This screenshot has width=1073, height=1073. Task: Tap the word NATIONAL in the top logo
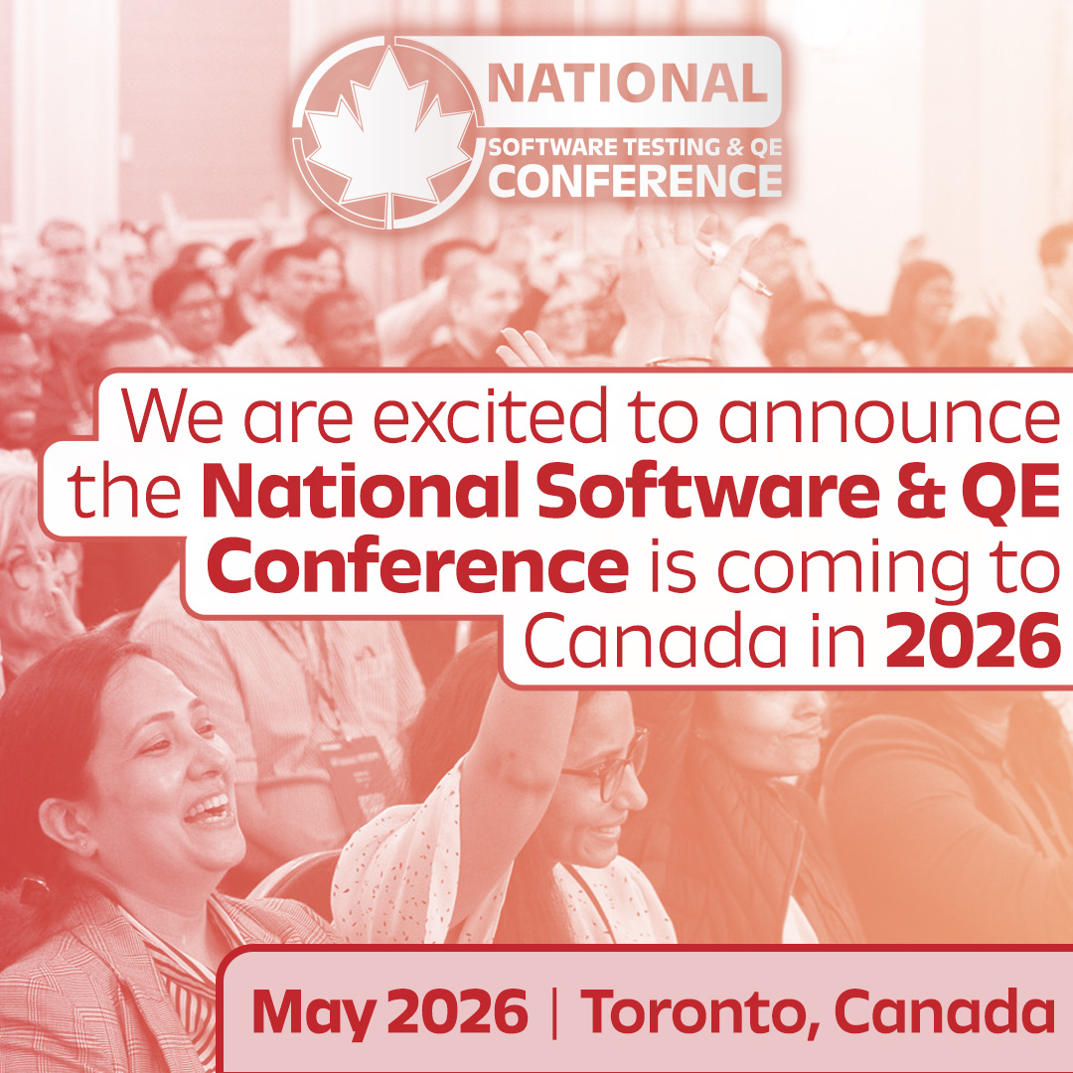[627, 83]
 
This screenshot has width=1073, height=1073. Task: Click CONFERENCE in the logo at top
[635, 181]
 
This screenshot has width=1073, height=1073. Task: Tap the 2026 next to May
[457, 1011]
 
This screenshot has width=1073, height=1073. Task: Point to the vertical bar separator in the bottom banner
[553, 1011]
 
